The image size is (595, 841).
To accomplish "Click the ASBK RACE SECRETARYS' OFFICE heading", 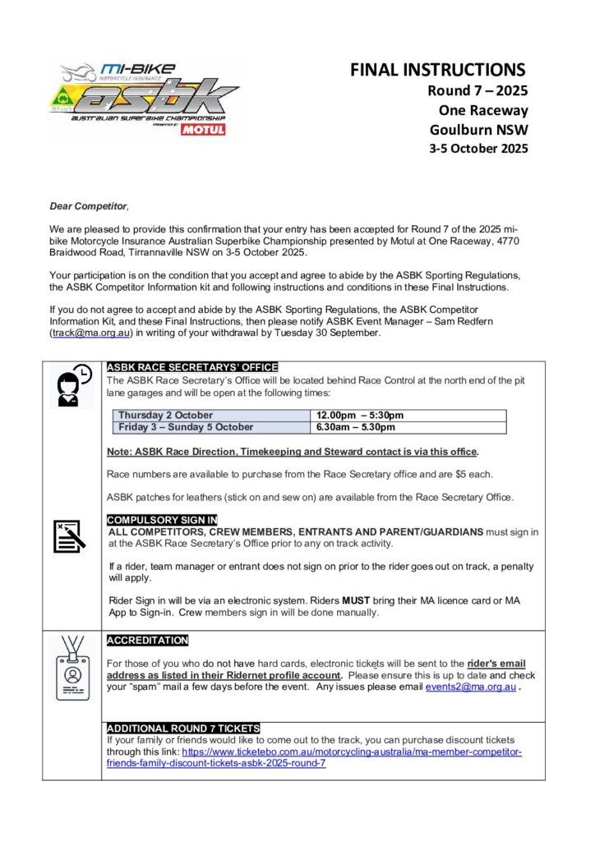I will pyautogui.click(x=192, y=367).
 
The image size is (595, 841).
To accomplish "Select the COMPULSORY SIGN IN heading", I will pyautogui.click(x=162, y=520).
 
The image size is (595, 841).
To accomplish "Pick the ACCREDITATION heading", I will pyautogui.click(x=148, y=641).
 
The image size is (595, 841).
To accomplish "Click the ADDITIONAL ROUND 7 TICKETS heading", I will pyautogui.click(x=183, y=728).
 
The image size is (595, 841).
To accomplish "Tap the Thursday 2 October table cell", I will pyautogui.click(x=165, y=416).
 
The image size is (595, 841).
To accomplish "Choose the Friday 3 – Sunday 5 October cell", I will pyautogui.click(x=186, y=427).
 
